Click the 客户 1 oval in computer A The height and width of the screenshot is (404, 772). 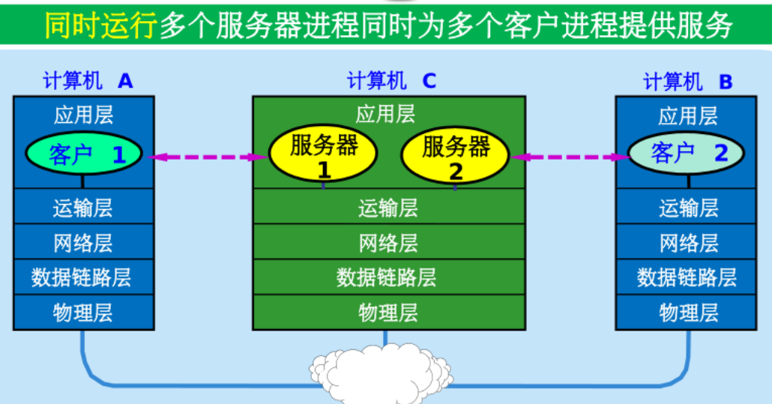[84, 154]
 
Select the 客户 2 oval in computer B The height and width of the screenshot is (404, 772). [686, 154]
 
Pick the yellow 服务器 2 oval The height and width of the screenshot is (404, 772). [455, 154]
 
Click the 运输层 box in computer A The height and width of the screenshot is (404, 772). [83, 207]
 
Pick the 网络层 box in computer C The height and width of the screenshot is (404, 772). [388, 243]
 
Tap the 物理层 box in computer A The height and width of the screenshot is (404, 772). [83, 313]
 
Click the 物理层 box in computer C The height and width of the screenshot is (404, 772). [388, 313]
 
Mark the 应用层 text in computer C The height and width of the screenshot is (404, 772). [385, 114]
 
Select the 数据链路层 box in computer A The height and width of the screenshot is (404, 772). [83, 277]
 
